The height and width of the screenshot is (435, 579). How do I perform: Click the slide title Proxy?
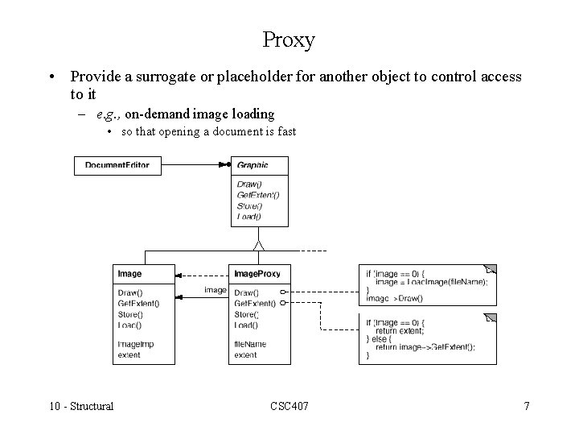(289, 39)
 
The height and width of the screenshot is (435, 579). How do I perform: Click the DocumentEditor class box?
(117, 165)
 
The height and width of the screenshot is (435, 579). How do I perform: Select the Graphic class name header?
(253, 165)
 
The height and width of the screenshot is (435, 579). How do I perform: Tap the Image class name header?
(129, 274)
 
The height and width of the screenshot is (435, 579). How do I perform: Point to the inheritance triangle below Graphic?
(258, 243)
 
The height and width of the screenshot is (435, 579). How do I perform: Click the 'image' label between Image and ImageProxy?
(215, 290)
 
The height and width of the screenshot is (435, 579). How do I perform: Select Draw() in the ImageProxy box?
(246, 292)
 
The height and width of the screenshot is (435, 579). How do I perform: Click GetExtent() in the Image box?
(138, 304)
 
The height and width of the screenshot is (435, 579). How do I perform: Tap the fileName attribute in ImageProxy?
(250, 344)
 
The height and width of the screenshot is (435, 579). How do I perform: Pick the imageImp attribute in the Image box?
(134, 344)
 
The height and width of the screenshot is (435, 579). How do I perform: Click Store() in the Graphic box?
(249, 205)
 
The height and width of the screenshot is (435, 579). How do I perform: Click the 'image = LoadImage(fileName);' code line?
(431, 282)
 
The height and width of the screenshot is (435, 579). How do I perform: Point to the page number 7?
(527, 406)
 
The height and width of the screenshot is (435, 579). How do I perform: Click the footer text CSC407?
(289, 406)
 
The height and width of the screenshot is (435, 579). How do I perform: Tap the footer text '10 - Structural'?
(80, 406)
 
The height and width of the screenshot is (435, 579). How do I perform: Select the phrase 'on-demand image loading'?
(200, 114)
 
